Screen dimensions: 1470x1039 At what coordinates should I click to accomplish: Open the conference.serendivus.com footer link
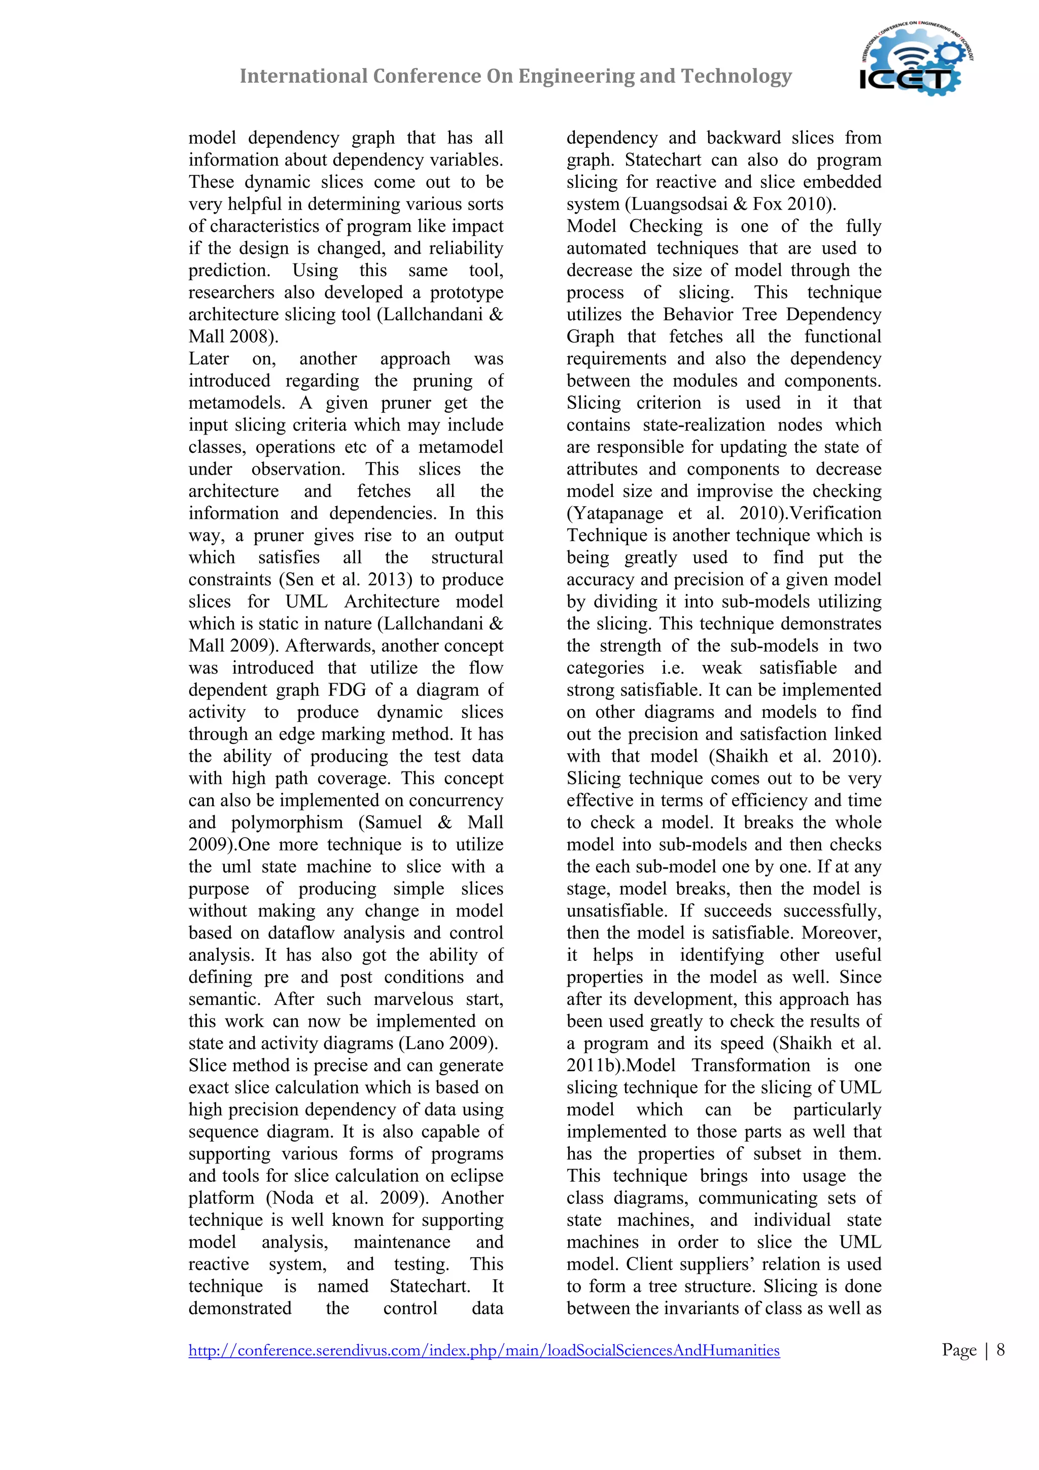tap(483, 1350)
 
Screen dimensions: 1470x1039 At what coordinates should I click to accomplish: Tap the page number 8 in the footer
tap(1000, 1350)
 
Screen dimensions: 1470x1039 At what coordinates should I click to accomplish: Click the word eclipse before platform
tap(473, 1176)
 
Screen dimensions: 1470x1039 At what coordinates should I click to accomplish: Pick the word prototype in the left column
tap(466, 292)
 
